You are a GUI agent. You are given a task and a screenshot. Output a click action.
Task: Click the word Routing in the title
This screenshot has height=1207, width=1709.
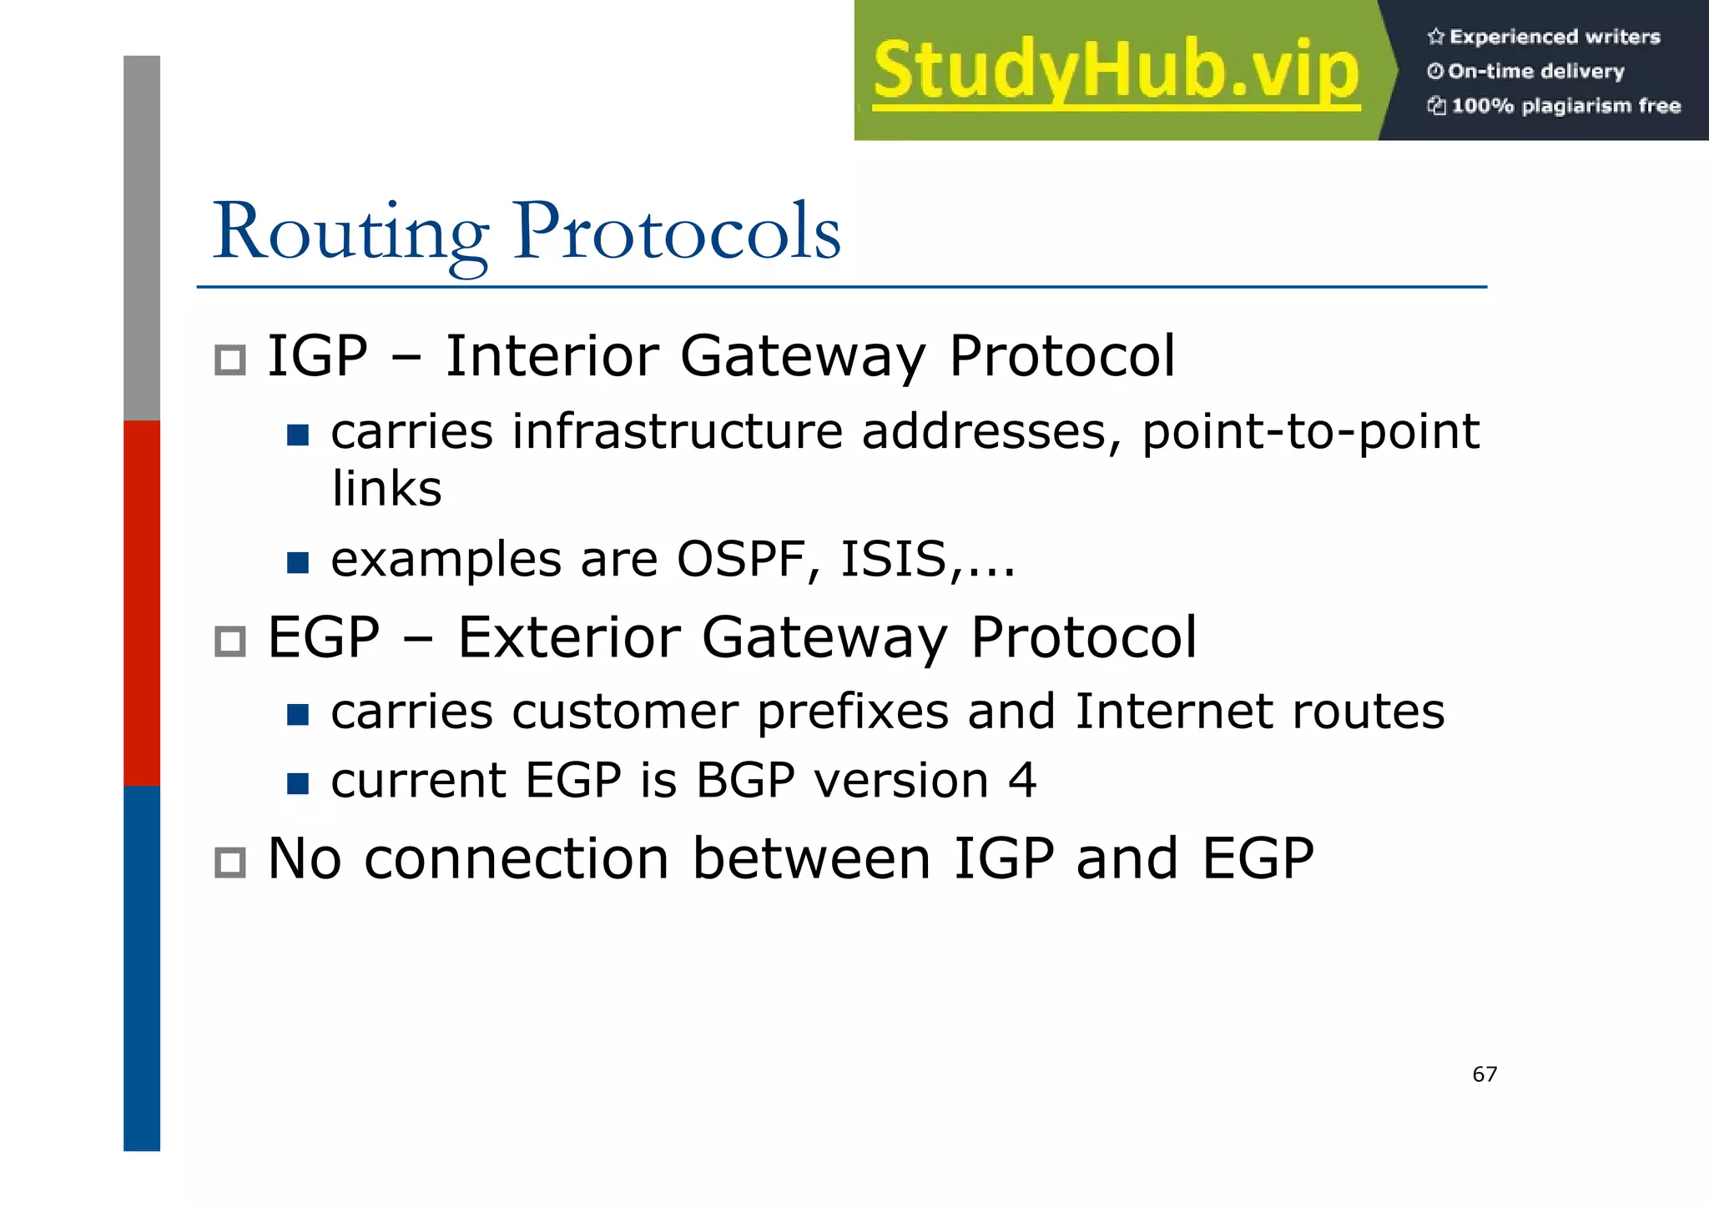point(350,232)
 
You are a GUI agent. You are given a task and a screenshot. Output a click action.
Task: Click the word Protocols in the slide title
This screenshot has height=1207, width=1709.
point(677,232)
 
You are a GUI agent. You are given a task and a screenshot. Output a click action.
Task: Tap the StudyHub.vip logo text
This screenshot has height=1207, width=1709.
point(1117,71)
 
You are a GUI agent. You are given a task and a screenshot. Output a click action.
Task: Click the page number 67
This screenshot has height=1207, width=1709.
point(1485,1074)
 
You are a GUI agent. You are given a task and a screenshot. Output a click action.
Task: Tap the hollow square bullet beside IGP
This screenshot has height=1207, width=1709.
point(229,360)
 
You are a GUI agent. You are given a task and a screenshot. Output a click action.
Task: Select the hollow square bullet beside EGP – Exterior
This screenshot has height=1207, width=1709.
point(229,641)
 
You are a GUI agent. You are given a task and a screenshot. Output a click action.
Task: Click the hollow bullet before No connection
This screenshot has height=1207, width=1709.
point(229,863)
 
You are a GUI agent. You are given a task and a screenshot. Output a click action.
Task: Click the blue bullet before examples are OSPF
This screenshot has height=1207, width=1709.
point(298,563)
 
